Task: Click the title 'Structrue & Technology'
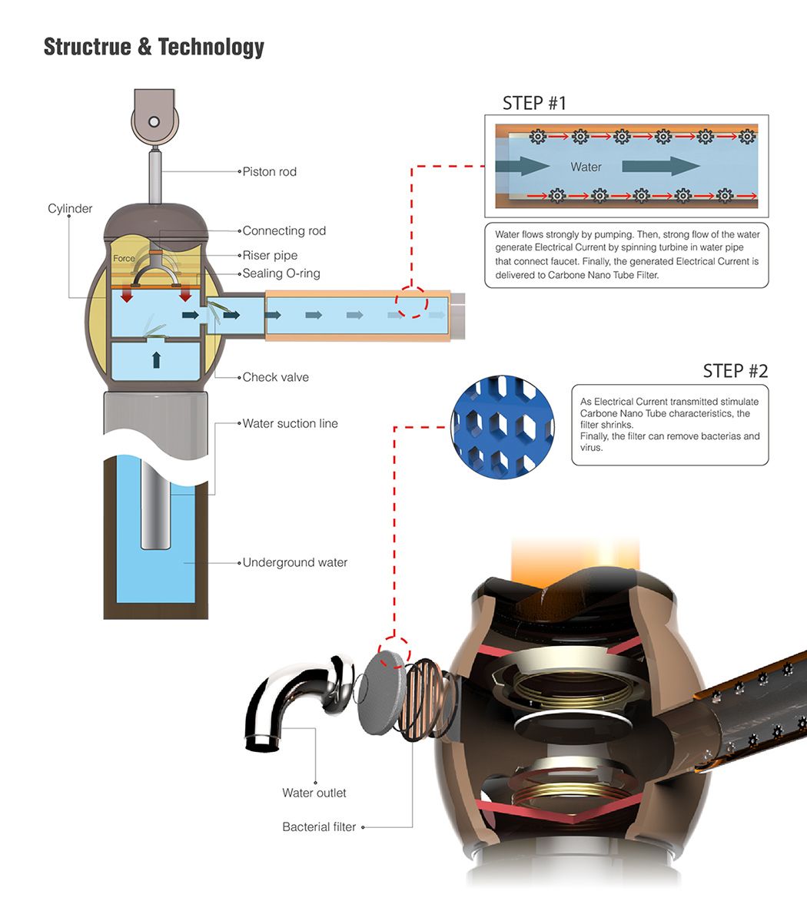[x=154, y=47]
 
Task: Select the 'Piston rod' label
[x=269, y=171]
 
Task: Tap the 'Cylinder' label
[x=70, y=209]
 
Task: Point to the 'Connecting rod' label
[x=284, y=230]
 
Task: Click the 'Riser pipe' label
[x=270, y=255]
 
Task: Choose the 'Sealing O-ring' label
[x=281, y=273]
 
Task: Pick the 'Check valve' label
[x=275, y=377]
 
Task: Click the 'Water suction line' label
[x=290, y=423]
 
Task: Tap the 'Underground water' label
[x=295, y=562]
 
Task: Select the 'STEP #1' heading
[x=534, y=103]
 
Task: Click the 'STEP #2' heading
[x=735, y=371]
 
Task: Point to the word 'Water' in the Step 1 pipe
[x=586, y=167]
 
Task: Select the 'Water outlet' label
[x=314, y=793]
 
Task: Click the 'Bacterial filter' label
[x=319, y=827]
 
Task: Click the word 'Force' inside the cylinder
[x=124, y=259]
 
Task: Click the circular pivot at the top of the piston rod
[x=154, y=121]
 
